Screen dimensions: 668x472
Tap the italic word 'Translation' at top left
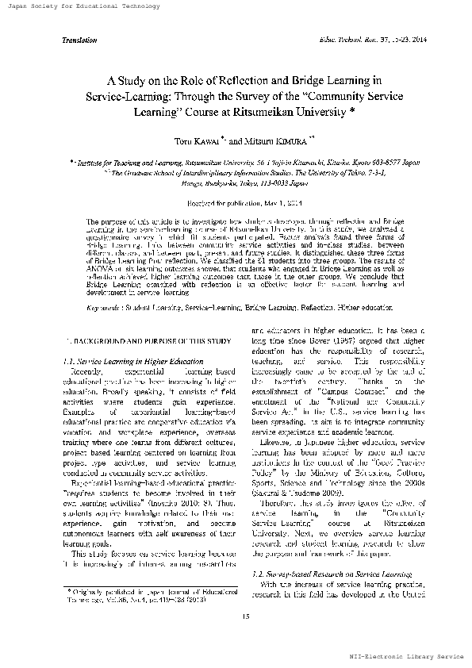point(79,39)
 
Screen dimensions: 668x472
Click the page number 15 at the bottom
point(236,616)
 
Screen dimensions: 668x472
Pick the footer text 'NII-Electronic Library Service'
point(410,658)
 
